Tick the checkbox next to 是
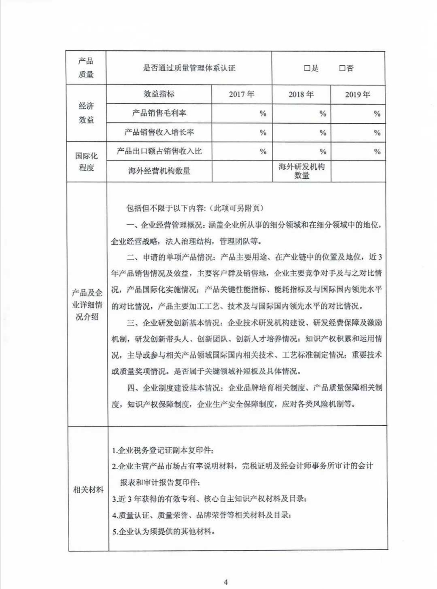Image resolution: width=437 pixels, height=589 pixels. point(307,68)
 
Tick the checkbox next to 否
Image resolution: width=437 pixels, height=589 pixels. point(342,68)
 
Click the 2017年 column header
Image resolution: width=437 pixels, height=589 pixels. point(242,94)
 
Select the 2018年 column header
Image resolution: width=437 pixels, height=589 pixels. point(301,94)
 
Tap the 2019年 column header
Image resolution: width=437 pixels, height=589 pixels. point(358,94)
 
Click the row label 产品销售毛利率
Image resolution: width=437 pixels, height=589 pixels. point(159,113)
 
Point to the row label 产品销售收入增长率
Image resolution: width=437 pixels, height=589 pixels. point(159,132)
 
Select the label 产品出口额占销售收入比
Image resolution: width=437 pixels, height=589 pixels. point(159,151)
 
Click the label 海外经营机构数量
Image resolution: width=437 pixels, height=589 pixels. point(159,171)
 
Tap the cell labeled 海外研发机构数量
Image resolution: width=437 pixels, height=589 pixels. point(301,171)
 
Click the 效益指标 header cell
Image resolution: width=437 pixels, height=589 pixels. point(159,94)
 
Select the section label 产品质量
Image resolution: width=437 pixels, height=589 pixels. point(86,68)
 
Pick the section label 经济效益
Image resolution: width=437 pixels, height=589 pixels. point(86,113)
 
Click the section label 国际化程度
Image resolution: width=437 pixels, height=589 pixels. point(86,161)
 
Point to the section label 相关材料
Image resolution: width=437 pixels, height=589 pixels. point(88,490)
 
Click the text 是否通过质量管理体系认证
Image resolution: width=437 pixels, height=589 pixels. point(189,68)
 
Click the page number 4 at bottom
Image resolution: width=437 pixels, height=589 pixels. point(226,582)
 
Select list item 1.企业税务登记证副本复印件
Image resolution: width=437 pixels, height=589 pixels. point(163,450)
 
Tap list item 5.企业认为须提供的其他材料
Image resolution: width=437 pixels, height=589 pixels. point(163,531)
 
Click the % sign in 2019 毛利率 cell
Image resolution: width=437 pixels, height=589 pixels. point(377,114)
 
